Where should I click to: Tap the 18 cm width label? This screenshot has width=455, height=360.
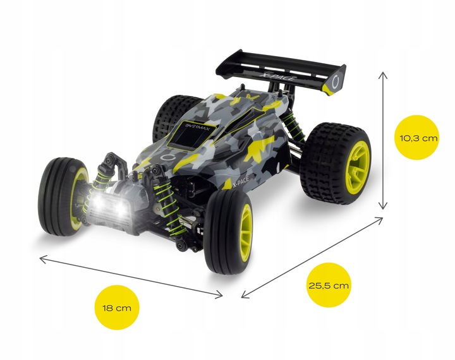tap(118, 308)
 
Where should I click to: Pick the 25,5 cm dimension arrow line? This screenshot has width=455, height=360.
tap(312, 256)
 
